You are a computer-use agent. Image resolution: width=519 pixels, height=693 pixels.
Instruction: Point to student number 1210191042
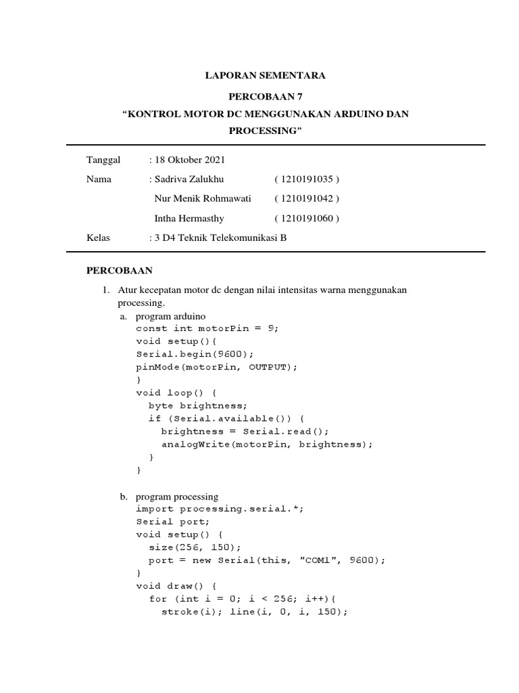pos(307,199)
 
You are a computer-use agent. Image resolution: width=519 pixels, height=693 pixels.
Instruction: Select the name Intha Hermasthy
pos(189,219)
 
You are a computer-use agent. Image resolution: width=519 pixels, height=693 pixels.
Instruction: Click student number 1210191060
pos(307,219)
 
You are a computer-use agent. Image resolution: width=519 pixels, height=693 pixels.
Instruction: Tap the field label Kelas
pos(98,238)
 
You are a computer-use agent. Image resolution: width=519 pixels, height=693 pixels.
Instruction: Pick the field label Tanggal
pos(103,160)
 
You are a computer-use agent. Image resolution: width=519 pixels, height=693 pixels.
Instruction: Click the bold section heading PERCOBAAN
pos(119,271)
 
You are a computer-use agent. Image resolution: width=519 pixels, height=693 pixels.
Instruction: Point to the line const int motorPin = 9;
pos(207,328)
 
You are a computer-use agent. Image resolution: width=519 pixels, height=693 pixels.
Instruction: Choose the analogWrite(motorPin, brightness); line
pos(266,445)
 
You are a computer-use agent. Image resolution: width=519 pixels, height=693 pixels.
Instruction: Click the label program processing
pos(176,497)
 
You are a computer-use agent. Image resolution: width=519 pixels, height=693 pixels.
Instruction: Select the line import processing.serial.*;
pos(220,509)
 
